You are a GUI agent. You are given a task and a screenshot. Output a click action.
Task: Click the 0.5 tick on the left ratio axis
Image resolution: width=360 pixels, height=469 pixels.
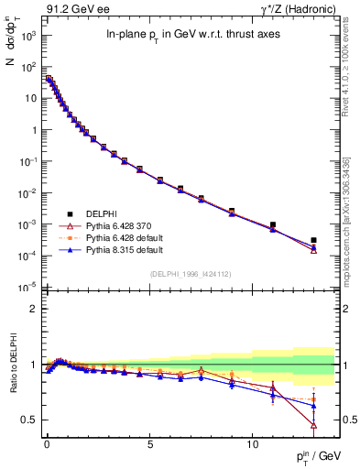(x=27, y=420)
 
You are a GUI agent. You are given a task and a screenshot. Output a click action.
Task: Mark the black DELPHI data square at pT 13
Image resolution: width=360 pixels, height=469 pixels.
(x=313, y=240)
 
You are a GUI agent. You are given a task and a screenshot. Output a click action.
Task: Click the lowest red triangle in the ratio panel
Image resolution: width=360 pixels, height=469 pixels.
(x=313, y=425)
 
